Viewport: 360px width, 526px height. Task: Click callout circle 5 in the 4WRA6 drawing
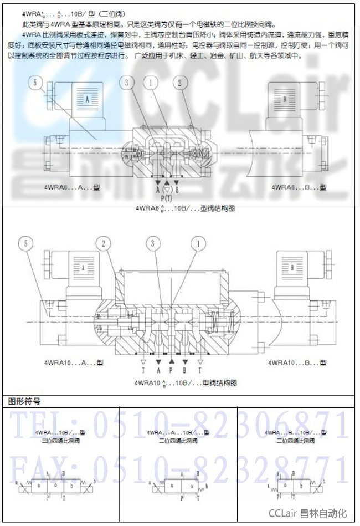pyautogui.click(x=37, y=83)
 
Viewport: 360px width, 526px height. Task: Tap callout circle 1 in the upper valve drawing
pyautogui.click(x=150, y=83)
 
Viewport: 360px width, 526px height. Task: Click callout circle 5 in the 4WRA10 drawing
pyautogui.click(x=25, y=242)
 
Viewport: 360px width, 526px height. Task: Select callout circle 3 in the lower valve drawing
pyautogui.click(x=152, y=242)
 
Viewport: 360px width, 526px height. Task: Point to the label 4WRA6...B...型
pyautogui.click(x=299, y=187)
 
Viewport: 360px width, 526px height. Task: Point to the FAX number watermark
pyautogui.click(x=181, y=468)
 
